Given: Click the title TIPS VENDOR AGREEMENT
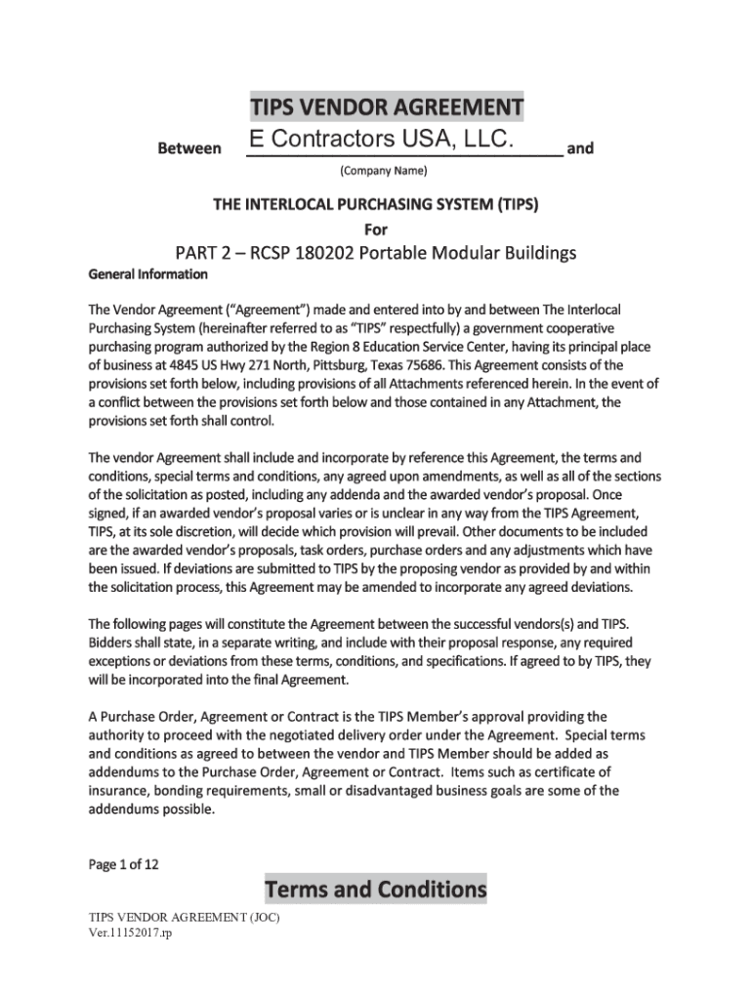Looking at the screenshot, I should point(386,105).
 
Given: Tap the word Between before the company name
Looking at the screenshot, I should point(189,149).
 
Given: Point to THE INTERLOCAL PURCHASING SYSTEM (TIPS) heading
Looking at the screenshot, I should point(376,207).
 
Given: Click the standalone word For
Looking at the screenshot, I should point(376,230).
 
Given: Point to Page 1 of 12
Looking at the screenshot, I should point(123,863).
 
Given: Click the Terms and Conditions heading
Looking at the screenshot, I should point(376,890).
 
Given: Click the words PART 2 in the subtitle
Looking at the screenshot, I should point(207,254).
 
